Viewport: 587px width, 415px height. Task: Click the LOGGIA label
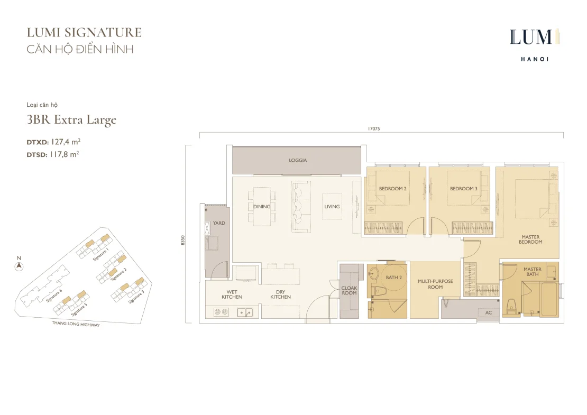298,160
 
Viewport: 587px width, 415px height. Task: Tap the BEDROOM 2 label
392,189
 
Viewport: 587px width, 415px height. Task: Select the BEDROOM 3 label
463,189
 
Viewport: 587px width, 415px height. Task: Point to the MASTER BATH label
533,272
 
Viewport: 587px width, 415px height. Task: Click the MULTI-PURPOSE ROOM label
435,284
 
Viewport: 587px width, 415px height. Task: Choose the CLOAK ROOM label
349,290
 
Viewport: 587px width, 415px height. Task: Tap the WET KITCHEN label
232,294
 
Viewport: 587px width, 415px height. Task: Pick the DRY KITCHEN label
280,294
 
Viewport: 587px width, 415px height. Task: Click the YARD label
219,223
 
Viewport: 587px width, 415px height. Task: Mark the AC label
489,312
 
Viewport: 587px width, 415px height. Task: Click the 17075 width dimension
373,128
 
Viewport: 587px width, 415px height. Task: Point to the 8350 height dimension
182,240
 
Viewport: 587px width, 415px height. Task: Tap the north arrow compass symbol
19,266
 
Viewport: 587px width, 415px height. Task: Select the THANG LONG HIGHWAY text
76,324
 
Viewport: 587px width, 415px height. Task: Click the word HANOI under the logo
535,59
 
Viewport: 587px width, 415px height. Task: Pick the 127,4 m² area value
66,142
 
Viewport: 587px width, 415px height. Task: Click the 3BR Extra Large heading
71,120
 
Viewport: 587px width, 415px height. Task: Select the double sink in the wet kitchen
245,312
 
